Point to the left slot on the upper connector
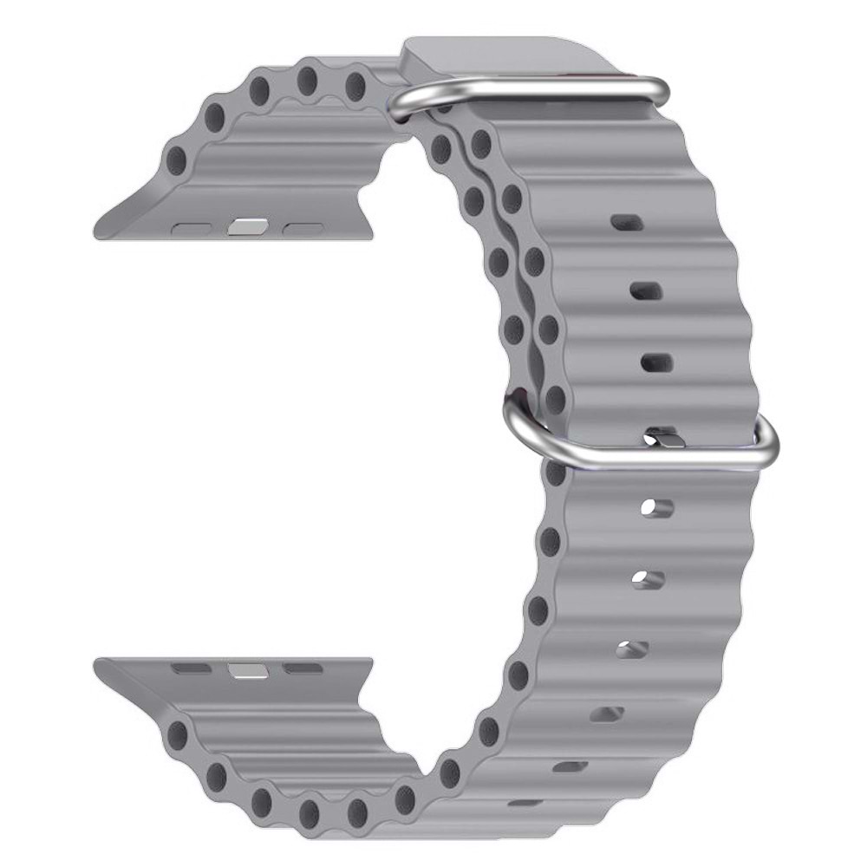192,230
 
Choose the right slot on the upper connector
302,230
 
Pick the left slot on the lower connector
192,668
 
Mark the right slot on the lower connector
303,668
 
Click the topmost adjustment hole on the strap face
626,223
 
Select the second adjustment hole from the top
646,291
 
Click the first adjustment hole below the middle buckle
656,506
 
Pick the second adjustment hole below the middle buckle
648,578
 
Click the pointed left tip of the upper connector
97,232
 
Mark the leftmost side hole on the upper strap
176,160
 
